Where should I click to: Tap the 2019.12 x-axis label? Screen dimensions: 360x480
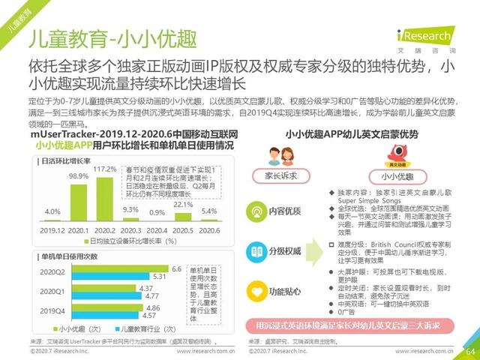click(x=51, y=230)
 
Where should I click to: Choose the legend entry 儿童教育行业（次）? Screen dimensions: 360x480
click(x=145, y=328)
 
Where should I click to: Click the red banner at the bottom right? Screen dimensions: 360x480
click(x=356, y=325)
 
